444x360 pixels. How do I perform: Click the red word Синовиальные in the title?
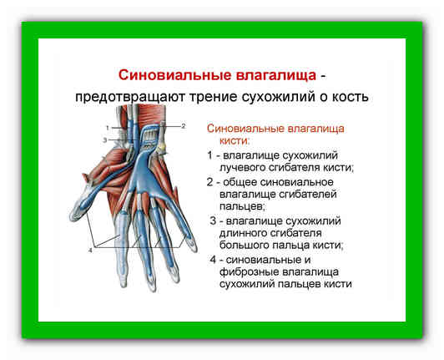pos(174,76)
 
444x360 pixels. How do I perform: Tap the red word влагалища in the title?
pos(276,76)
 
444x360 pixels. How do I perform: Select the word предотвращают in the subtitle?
pos(129,97)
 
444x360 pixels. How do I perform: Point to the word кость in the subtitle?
pos(350,97)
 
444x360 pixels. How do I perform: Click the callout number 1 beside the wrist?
pos(108,128)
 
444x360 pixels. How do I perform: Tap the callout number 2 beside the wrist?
pos(184,126)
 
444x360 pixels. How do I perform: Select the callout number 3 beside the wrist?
pos(104,140)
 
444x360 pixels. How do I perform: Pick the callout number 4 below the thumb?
pos(90,251)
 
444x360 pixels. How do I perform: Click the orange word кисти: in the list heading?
pos(235,141)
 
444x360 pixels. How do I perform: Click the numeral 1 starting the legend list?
pos(209,155)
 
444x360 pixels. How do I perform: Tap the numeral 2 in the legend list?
pos(209,182)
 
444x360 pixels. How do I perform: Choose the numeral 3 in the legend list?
pos(213,221)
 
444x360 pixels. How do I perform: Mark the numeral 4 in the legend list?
pos(213,260)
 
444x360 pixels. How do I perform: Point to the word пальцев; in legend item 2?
pos(242,206)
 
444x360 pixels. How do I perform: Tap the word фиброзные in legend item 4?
pos(249,272)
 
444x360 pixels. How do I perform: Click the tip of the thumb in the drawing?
pos(72,217)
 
